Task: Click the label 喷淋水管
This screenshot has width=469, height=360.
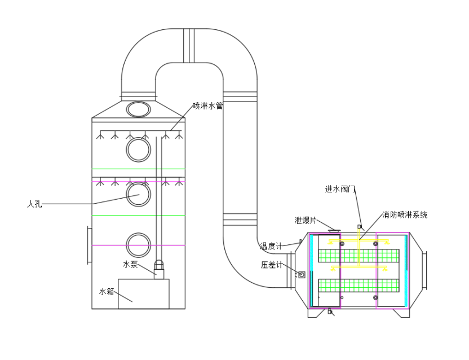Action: pyautogui.click(x=208, y=106)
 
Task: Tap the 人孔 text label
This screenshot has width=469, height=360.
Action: pyautogui.click(x=35, y=204)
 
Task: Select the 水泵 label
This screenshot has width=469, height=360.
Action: pyautogui.click(x=130, y=264)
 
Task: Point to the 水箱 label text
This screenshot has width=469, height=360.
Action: pyautogui.click(x=107, y=292)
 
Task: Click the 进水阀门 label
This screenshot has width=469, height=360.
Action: pyautogui.click(x=340, y=190)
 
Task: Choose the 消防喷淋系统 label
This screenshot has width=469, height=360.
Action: pyautogui.click(x=404, y=215)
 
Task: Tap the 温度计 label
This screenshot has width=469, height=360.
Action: pyautogui.click(x=271, y=246)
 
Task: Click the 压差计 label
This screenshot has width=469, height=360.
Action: pyautogui.click(x=271, y=265)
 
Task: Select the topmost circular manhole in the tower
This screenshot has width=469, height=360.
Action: pyautogui.click(x=139, y=150)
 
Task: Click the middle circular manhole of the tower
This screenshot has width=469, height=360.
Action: pyautogui.click(x=139, y=194)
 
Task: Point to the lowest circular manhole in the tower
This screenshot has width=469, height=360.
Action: pyautogui.click(x=139, y=245)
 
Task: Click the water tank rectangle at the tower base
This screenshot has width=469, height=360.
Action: pyautogui.click(x=144, y=293)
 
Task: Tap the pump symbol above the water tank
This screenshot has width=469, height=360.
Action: pyautogui.click(x=158, y=270)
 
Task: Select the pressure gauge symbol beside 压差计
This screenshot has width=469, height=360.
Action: pyautogui.click(x=302, y=275)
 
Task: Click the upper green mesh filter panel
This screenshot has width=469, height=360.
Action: pyautogui.click(x=359, y=256)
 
